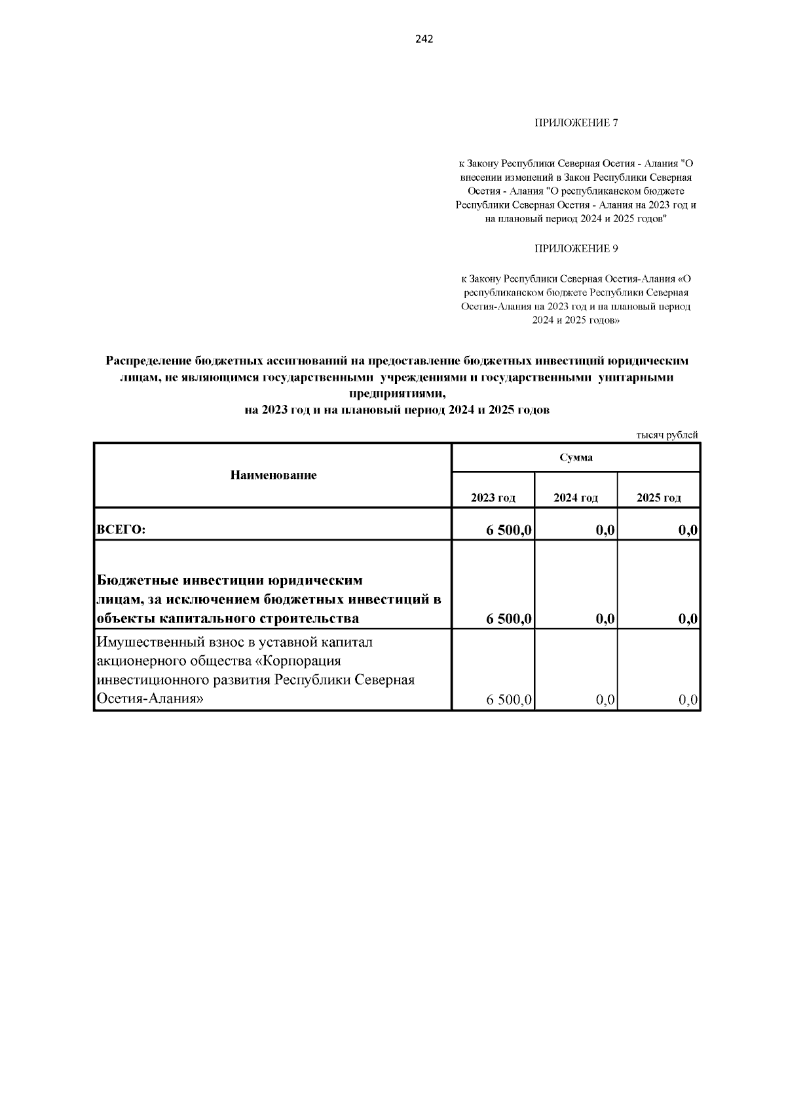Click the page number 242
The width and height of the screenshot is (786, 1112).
[424, 39]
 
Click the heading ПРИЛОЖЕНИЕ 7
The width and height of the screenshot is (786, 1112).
[576, 123]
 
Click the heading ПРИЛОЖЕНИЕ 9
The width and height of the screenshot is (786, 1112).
[576, 248]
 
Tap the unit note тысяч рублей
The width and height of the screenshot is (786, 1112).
[667, 435]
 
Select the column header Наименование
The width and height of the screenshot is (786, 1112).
[273, 475]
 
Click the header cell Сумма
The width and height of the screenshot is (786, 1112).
[576, 457]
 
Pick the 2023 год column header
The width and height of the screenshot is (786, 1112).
[493, 498]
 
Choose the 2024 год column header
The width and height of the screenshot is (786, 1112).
[576, 498]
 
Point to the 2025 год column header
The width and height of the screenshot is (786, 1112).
[658, 498]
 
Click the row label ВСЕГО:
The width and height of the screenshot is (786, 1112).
[121, 531]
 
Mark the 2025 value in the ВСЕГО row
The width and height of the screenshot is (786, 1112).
[688, 531]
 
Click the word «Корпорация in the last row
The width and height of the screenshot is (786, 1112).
[301, 661]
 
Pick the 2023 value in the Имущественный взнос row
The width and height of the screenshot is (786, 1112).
[510, 700]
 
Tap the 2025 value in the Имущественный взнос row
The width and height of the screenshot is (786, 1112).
[689, 700]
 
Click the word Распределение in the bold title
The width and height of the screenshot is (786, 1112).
[149, 361]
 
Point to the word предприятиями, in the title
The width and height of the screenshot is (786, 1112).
[397, 394]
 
